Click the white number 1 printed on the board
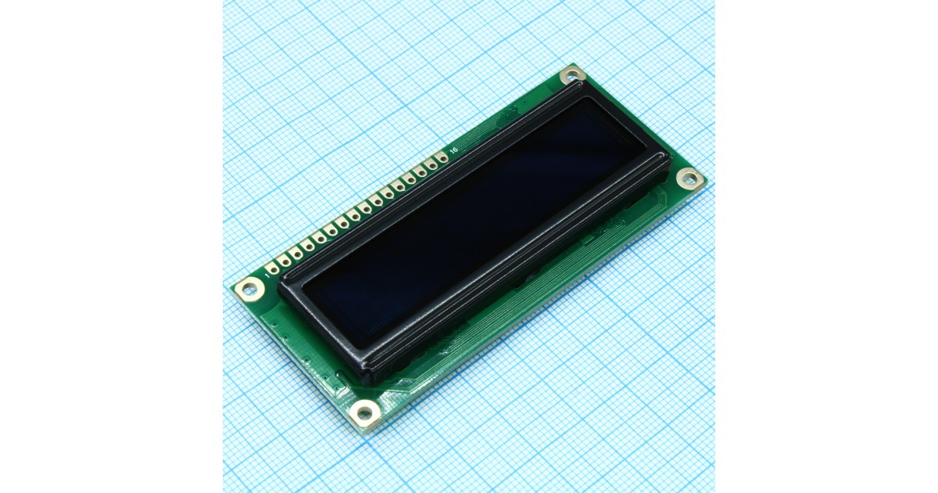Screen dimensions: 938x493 tap(267, 275)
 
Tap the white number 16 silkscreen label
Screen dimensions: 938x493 tap(453, 149)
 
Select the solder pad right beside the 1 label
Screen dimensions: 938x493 tap(273, 268)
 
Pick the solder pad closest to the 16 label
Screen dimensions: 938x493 tap(442, 158)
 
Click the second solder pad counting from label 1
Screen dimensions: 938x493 tap(285, 261)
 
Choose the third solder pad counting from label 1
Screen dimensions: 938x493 tap(296, 254)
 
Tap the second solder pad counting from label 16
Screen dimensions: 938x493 tap(431, 166)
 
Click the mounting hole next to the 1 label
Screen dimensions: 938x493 tap(249, 289)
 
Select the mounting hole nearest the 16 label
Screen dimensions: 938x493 tap(571, 76)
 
